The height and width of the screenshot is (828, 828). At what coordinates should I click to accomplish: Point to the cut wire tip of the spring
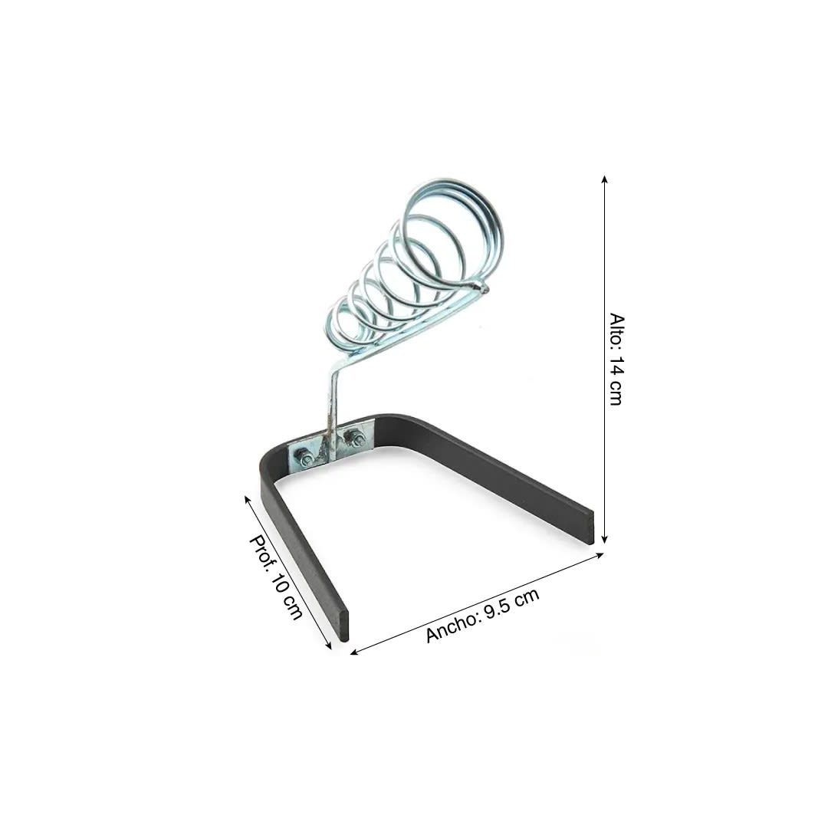pos(482,288)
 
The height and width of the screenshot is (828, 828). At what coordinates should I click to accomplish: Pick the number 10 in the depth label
pos(283,584)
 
